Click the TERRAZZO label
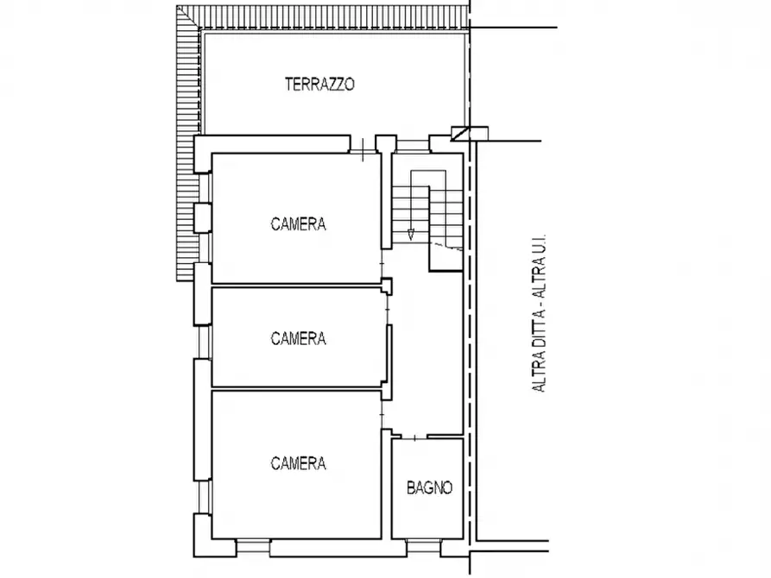[319, 84]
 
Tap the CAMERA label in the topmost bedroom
[298, 224]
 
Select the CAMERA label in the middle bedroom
[298, 338]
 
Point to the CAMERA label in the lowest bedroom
[298, 463]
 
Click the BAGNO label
[429, 487]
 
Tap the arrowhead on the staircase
[411, 235]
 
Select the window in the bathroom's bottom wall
[424, 548]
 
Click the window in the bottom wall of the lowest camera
[253, 548]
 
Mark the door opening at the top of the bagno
[414, 437]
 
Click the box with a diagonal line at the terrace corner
[470, 133]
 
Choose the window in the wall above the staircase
[413, 146]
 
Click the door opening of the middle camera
[387, 310]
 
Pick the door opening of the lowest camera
[382, 415]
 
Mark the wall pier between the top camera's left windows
[202, 217]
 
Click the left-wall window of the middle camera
[203, 342]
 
